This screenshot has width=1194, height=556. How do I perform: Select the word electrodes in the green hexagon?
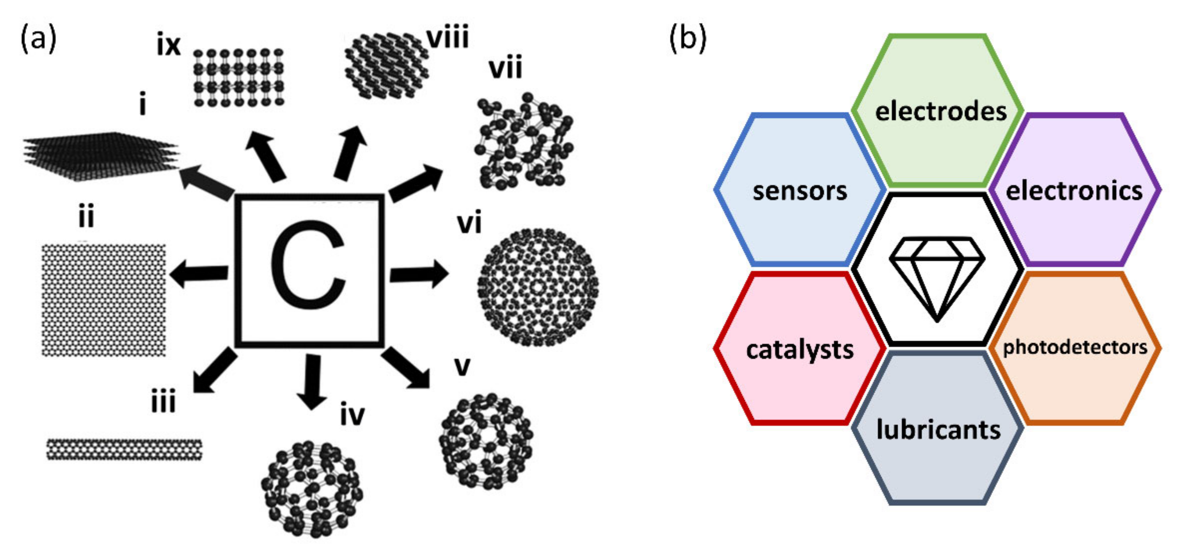tap(940, 111)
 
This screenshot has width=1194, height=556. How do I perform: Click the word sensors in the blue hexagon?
tap(800, 191)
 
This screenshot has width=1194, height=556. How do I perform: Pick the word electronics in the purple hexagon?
tap(1074, 191)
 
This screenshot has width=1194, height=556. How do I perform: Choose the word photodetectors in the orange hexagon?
tap(1075, 347)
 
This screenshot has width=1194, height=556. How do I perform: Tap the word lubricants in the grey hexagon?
tap(938, 429)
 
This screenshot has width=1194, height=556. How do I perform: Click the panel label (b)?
tap(688, 38)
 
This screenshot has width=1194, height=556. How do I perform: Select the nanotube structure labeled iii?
tap(124, 449)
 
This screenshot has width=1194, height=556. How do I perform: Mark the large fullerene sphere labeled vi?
tap(538, 287)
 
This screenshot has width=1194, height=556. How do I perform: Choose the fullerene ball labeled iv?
tap(311, 489)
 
